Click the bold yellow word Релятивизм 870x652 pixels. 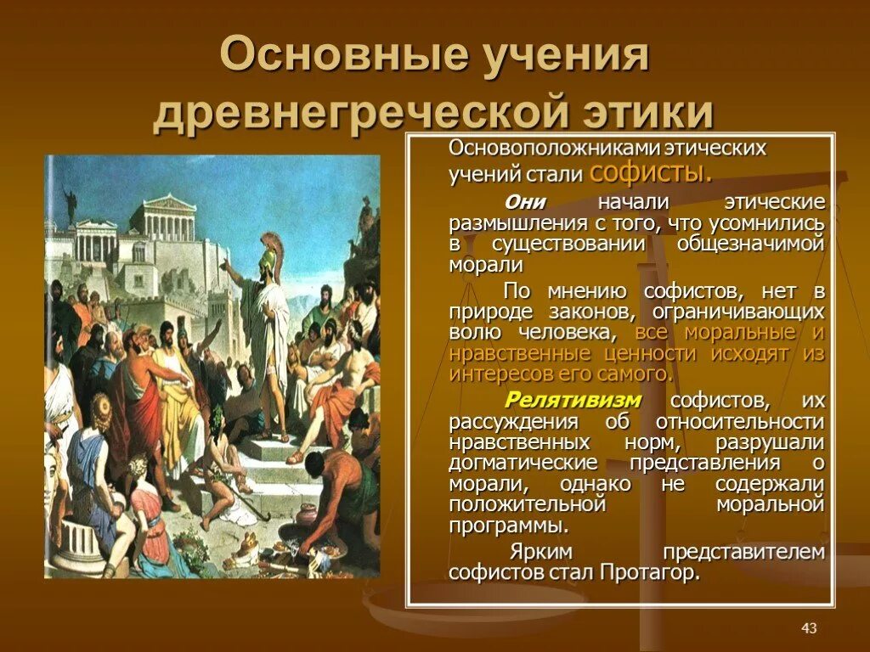click(x=573, y=400)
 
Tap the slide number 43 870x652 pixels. click(x=808, y=627)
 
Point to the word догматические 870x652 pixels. click(x=524, y=463)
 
